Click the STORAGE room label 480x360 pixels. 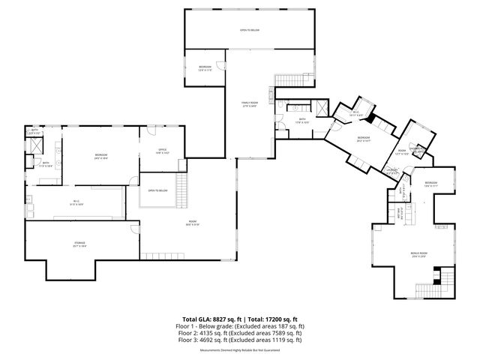pyautogui.click(x=79, y=244)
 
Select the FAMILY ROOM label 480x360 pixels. pyautogui.click(x=249, y=103)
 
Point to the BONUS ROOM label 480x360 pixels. pyautogui.click(x=418, y=254)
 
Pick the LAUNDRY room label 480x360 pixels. pyautogui.click(x=391, y=170)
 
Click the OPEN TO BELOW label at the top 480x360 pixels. pyautogui.click(x=249, y=31)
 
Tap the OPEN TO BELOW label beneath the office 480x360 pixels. pyautogui.click(x=157, y=190)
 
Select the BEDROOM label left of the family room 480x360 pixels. pyautogui.click(x=205, y=67)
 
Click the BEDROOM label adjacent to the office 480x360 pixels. pyautogui.click(x=100, y=156)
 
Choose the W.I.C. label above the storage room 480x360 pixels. pyautogui.click(x=75, y=202)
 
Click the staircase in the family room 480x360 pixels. pyautogui.click(x=286, y=80)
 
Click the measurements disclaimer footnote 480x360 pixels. pyautogui.click(x=239, y=349)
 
